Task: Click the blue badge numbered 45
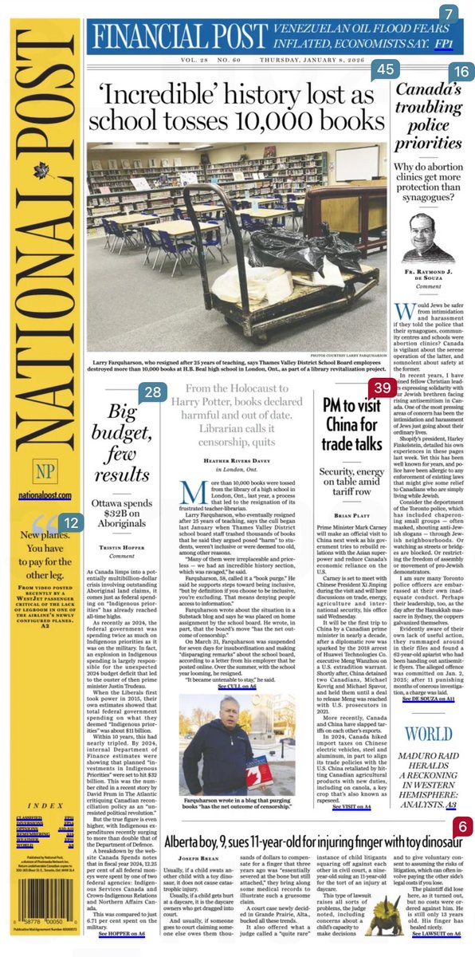pos(386,70)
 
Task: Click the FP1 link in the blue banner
pos(445,39)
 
